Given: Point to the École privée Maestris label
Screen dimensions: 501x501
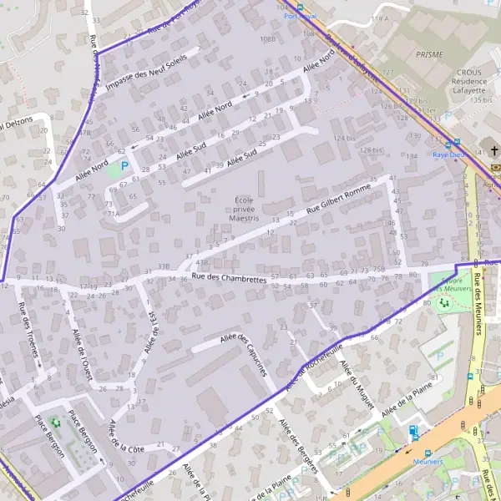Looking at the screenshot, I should point(244,209).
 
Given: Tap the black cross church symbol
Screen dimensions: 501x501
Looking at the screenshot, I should point(494,151).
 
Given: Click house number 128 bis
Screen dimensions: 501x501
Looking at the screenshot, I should point(371,150).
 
